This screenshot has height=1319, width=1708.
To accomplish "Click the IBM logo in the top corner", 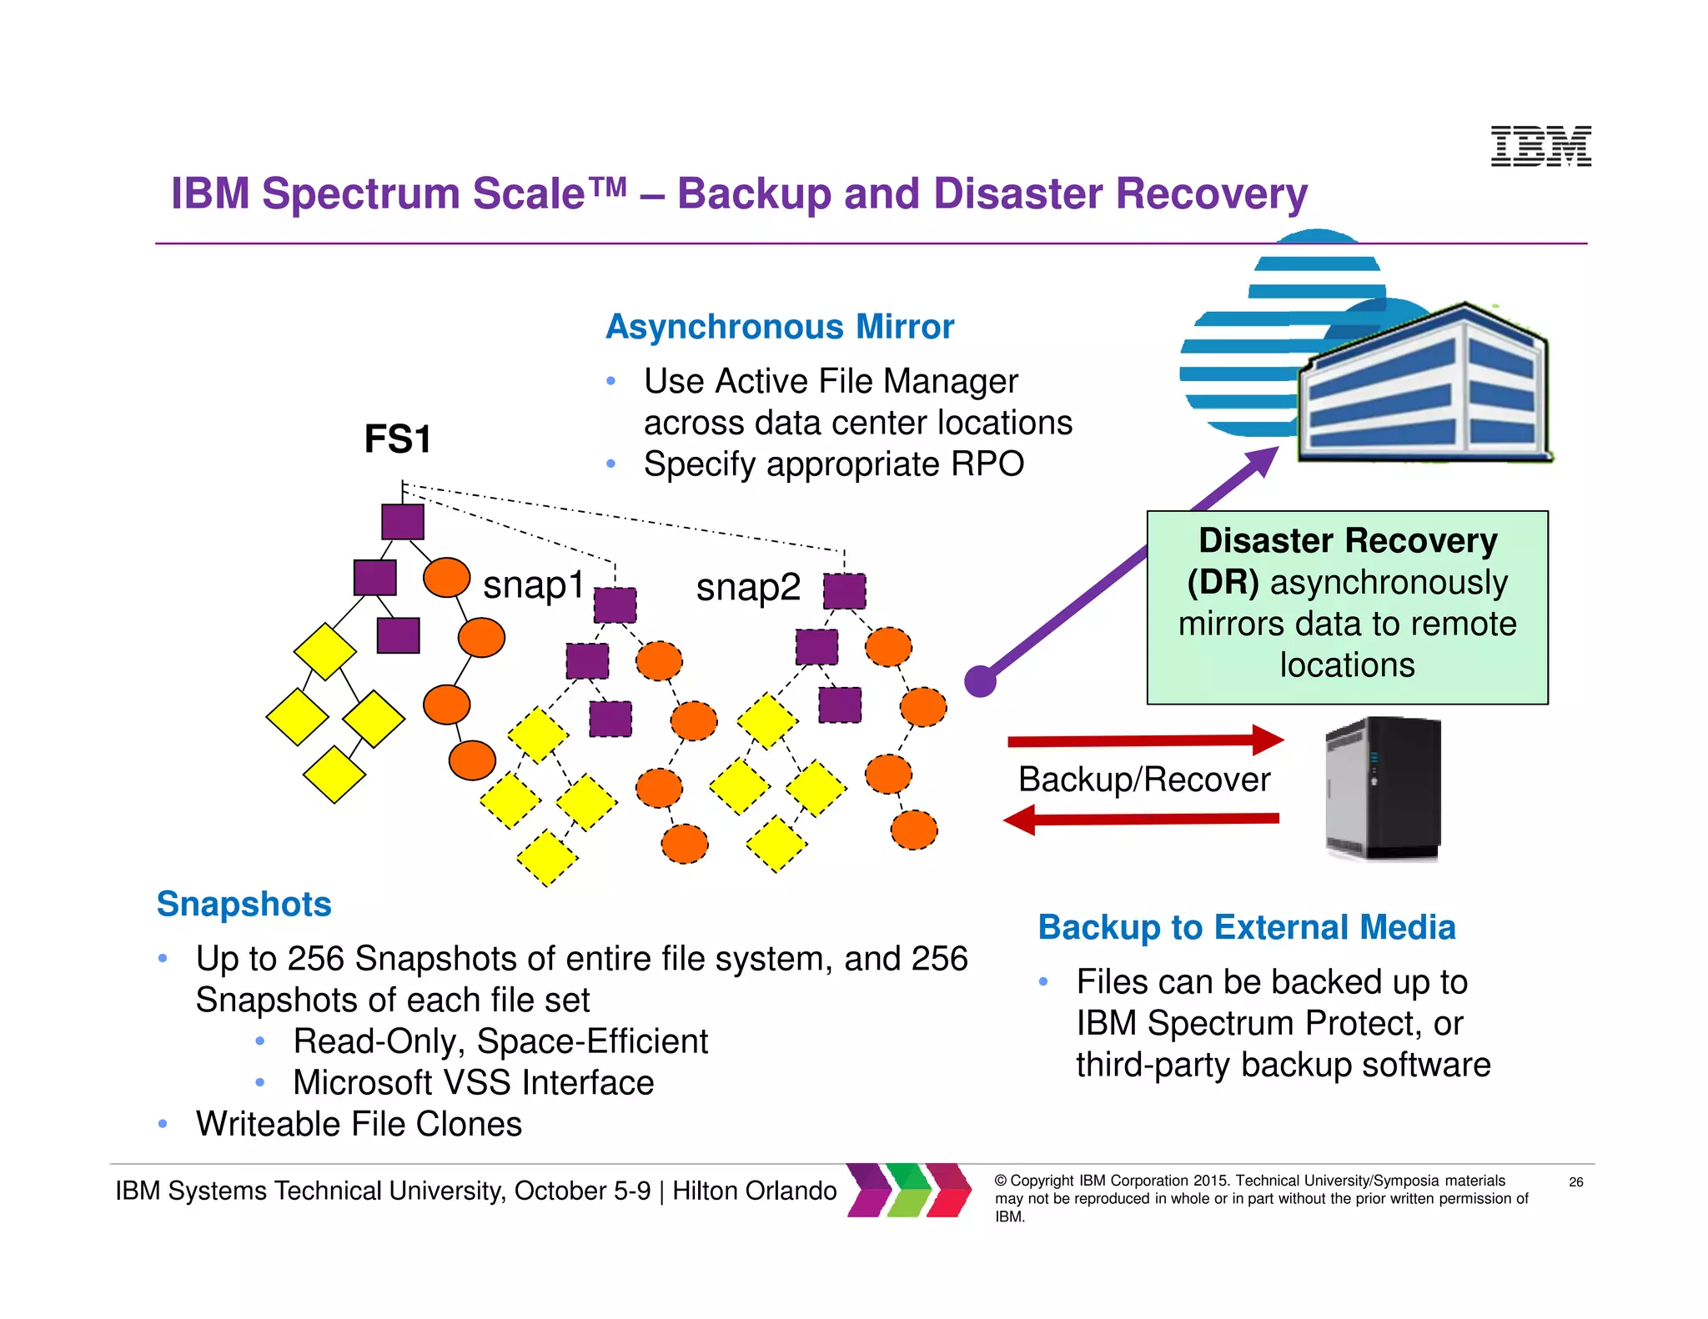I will click(x=1540, y=146).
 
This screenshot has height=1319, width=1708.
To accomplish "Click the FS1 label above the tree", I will click(x=398, y=439).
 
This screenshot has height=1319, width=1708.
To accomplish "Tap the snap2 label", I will click(x=748, y=587).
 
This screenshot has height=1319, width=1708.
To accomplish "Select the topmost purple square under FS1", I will click(x=403, y=522).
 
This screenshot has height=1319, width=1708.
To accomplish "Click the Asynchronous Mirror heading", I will click(x=779, y=327).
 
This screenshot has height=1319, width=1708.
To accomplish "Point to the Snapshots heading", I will click(x=244, y=904).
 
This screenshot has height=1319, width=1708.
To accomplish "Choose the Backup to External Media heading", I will click(x=1246, y=927).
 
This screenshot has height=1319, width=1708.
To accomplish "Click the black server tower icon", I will click(x=1384, y=788).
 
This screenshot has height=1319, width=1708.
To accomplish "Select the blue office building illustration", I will click(x=1424, y=384).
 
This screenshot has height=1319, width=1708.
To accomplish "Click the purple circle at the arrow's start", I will click(x=981, y=681).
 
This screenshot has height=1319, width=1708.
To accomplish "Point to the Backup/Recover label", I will click(x=1143, y=780).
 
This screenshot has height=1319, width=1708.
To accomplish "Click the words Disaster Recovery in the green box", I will click(x=1347, y=541).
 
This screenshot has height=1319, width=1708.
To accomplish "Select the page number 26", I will click(x=1575, y=1181).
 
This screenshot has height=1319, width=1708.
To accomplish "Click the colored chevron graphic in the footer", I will click(x=909, y=1190).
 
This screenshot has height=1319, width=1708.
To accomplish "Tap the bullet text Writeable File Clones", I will click(x=359, y=1124).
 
